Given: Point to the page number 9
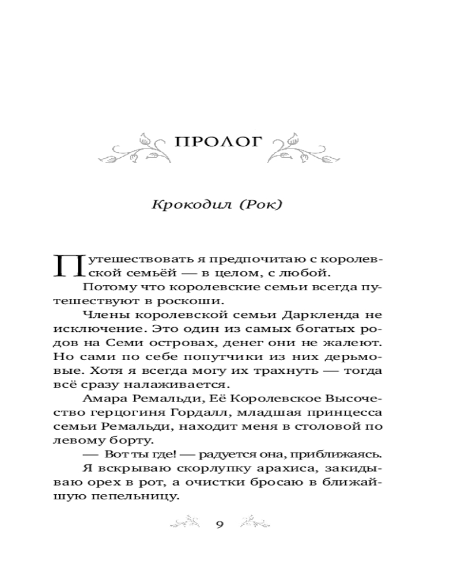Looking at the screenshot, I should click(219, 524).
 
